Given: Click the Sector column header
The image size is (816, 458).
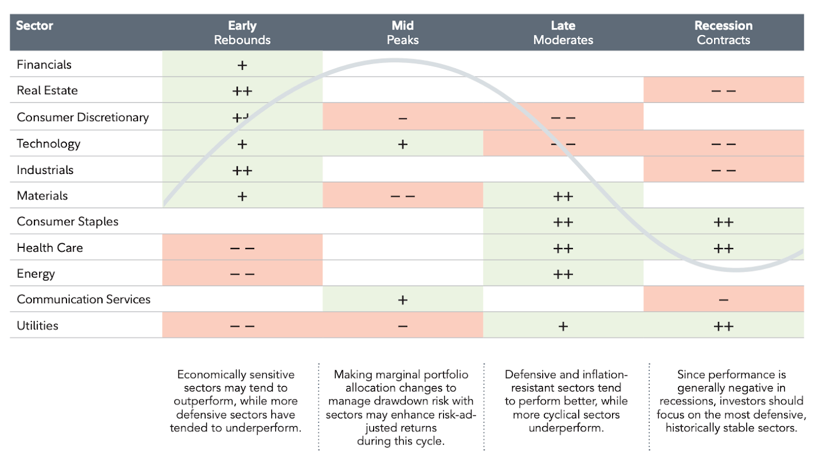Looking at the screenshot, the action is coord(34,26).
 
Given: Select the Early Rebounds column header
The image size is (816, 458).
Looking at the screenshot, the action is coord(242,33).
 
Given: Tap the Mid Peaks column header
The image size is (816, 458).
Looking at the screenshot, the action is coord(403,33).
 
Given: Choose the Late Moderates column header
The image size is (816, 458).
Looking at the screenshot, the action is coord(563,33).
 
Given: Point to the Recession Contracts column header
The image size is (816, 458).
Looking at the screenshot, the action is coord(723,33).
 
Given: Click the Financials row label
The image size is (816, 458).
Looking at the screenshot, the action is coord(44,65).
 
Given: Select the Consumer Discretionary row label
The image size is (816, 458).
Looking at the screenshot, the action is coord(83,117).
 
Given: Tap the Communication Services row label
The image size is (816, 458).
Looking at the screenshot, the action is coord(83,299).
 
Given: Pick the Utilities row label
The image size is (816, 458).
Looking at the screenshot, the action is coord(37,325).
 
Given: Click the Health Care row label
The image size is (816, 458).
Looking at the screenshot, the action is coord(50,248).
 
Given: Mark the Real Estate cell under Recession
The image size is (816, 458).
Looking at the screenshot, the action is coord(723,90).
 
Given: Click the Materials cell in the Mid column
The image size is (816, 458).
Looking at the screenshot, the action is coord(403,196).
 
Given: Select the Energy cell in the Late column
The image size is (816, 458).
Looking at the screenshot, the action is coord(563,273).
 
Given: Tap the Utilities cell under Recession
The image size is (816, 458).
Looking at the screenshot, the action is coord(723,325).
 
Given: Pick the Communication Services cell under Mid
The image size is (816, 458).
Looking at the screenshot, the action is coord(403,299).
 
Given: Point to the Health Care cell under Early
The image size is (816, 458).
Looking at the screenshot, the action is coord(242,247).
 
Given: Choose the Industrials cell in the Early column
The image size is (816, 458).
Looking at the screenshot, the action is coord(242,169).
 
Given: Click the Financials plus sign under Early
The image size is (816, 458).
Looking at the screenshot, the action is coord(242,66).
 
